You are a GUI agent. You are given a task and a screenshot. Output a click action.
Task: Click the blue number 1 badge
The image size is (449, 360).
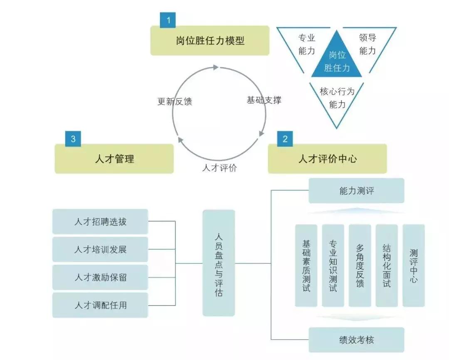[x=168, y=20]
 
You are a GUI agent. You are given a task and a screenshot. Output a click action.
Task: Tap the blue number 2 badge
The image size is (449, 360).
[x=285, y=139]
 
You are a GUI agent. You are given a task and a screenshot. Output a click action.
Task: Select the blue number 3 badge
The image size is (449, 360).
[x=73, y=139]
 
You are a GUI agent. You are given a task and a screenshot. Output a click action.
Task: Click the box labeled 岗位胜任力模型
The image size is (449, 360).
[x=210, y=40]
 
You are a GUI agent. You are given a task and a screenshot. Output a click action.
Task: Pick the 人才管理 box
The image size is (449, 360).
[x=114, y=159]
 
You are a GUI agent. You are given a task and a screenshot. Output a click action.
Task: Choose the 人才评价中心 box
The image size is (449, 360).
[x=327, y=159]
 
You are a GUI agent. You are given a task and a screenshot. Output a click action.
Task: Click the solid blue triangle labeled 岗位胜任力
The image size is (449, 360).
[x=337, y=60]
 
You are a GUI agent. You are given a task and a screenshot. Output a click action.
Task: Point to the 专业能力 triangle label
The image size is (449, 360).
[x=307, y=44]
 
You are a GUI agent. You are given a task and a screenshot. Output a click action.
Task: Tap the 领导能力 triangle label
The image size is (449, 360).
[x=367, y=44]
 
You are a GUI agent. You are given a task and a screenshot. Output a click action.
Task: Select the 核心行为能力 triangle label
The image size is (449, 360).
[x=337, y=98]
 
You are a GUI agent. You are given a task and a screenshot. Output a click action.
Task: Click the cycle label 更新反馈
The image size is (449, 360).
[x=175, y=101]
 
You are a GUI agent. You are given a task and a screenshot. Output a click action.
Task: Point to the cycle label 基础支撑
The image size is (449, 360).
[x=264, y=100]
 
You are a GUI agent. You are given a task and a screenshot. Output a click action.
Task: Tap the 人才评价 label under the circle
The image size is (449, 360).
[x=220, y=168]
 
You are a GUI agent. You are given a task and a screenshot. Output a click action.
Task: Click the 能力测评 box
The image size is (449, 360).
[x=356, y=191]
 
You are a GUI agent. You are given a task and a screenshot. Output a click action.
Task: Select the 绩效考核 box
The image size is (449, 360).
[x=356, y=340]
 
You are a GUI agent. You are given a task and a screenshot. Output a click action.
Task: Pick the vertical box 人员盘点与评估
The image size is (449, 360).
[x=219, y=263]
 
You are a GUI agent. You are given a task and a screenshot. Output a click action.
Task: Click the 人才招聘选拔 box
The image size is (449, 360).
[x=100, y=221]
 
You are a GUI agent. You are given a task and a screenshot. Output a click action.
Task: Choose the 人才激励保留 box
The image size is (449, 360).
[x=100, y=277]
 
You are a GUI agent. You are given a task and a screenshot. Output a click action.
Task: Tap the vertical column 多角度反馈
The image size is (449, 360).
[x=360, y=266]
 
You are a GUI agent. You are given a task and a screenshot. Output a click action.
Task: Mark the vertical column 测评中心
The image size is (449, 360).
[x=414, y=266]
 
